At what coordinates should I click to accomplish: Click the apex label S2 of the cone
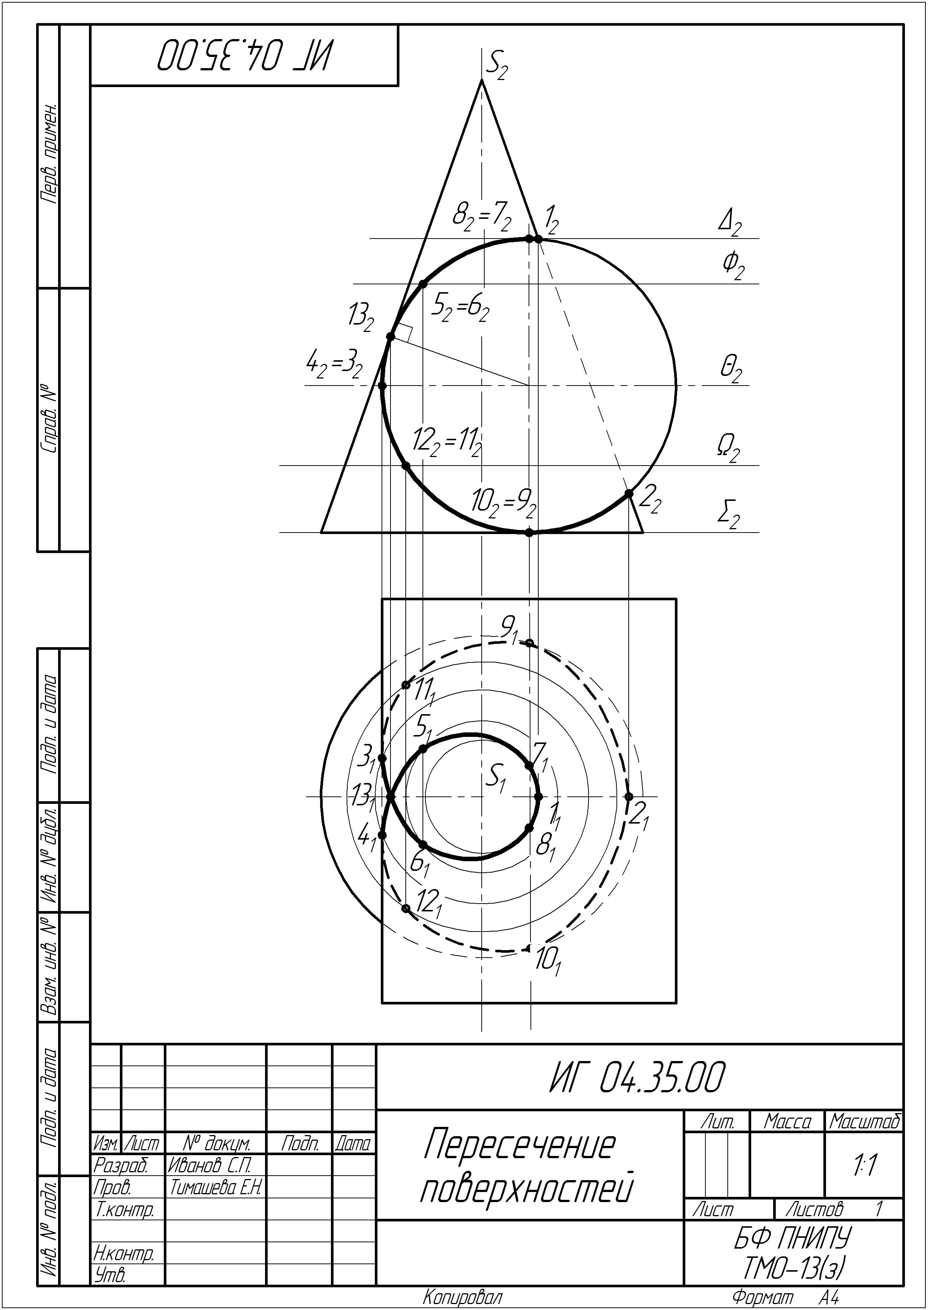coord(496,67)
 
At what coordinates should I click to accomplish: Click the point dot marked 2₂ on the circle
coord(629,493)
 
